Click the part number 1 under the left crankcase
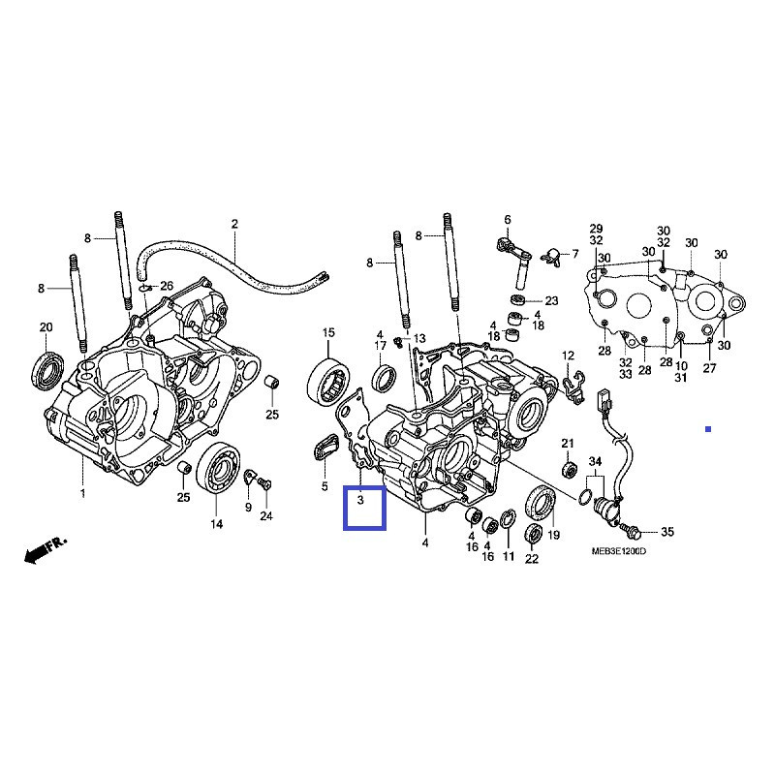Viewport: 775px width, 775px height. coord(82,494)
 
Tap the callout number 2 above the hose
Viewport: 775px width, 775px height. coord(233,225)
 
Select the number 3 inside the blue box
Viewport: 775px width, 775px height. coord(360,501)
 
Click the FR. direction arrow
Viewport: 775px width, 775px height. coord(45,550)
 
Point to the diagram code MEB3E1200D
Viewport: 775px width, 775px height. coord(618,550)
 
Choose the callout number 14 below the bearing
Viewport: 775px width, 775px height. coord(215,524)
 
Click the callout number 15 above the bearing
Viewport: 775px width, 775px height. coord(328,333)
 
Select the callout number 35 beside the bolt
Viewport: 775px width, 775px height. coord(666,533)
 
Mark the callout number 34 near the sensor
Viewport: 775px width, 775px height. coord(595,460)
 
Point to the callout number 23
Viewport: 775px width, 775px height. coord(551,300)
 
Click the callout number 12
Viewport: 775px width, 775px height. coord(568,356)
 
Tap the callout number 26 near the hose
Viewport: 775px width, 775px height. coord(166,286)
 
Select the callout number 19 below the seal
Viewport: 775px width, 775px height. coord(554,535)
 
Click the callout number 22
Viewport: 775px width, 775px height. coord(532,559)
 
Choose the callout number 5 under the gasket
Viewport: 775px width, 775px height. coord(325,485)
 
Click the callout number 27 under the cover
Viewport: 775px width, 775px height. coord(709,368)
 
